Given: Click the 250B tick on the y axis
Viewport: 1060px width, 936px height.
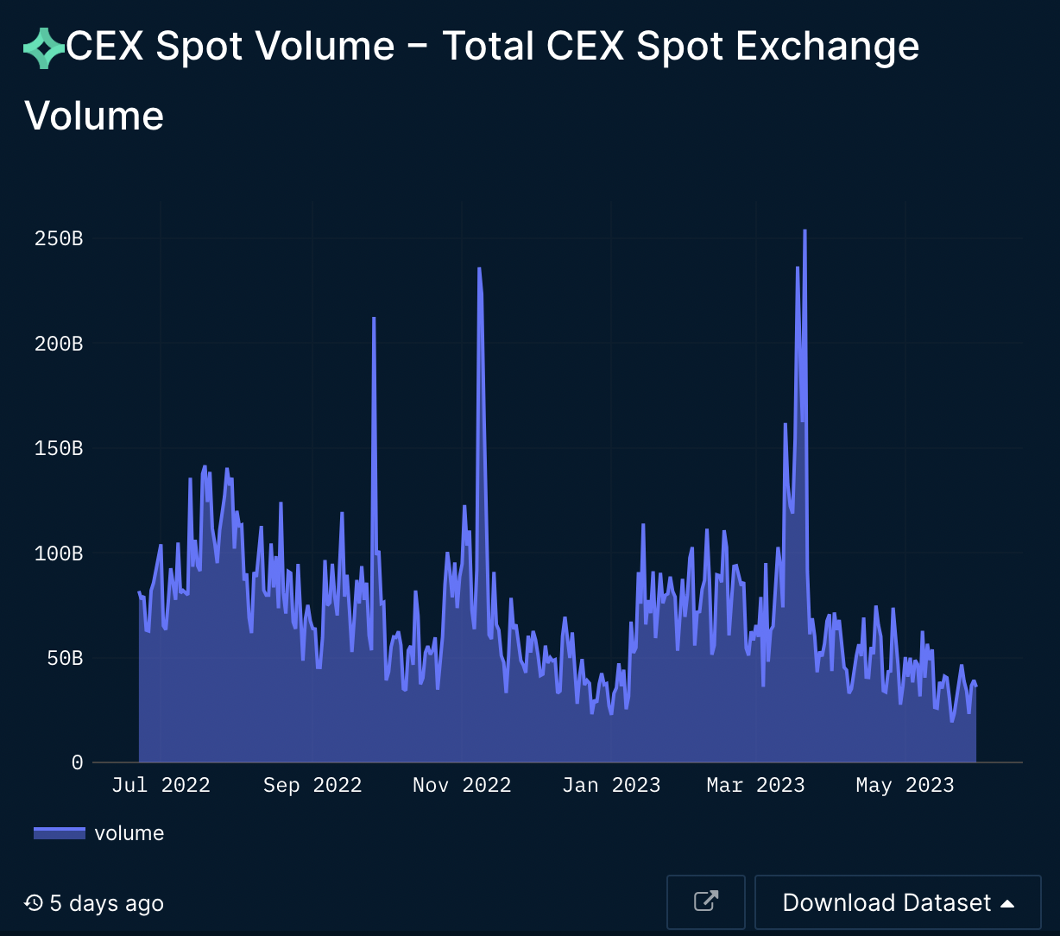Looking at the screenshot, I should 59,238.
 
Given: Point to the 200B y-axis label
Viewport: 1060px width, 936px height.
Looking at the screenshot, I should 59,344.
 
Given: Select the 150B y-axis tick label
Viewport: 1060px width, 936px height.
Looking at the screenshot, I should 59,448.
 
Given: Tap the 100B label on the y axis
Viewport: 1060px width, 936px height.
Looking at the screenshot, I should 59,553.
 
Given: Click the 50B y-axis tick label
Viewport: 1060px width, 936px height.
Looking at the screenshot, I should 65,658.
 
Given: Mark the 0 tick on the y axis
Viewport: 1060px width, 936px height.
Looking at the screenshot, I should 77,762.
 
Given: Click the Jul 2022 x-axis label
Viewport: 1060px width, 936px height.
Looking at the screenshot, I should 161,785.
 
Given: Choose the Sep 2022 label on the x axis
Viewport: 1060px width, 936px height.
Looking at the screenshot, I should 312,785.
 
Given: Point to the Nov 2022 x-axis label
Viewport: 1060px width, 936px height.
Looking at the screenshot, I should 462,785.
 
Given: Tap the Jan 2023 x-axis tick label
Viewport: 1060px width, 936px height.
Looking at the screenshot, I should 611,785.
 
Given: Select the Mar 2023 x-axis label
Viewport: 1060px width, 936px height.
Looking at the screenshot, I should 755,785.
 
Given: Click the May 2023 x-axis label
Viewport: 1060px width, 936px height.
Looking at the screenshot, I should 905,785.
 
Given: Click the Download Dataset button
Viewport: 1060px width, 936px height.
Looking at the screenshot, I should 898,902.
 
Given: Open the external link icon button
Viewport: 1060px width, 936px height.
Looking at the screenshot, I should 706,902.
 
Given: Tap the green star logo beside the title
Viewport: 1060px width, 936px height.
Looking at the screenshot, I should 44,47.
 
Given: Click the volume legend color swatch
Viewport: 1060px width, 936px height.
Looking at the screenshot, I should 60,833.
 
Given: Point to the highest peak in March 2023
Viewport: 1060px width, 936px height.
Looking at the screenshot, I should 804,231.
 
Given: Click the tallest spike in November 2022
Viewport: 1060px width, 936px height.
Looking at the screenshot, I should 479,269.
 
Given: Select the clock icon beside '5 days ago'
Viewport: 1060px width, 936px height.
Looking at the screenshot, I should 34,903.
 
